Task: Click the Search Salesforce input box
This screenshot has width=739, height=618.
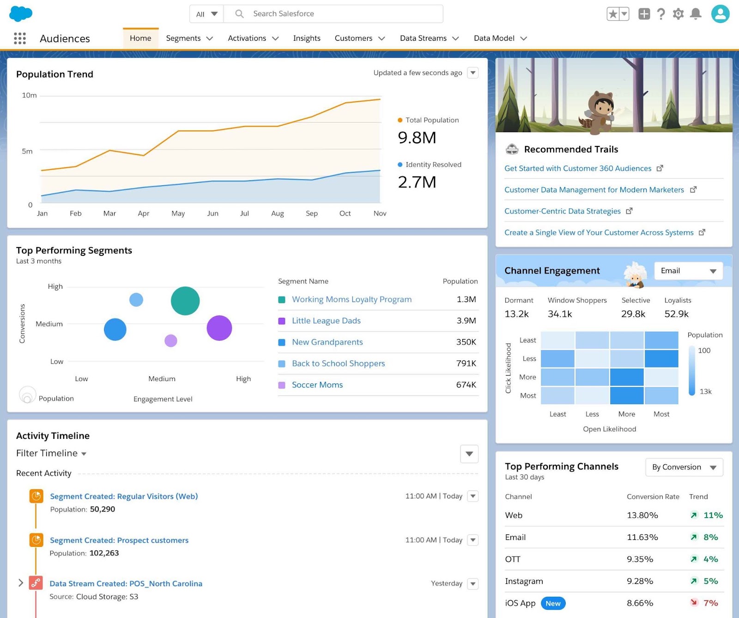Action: click(x=333, y=14)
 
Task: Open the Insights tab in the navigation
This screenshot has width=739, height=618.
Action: click(x=307, y=38)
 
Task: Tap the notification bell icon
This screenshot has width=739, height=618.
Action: click(x=696, y=14)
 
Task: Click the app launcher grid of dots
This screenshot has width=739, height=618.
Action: click(x=20, y=38)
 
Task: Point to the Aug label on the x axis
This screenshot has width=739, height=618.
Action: click(x=278, y=213)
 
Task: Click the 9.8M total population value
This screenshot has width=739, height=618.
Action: click(x=417, y=138)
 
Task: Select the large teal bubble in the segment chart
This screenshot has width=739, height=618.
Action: click(x=185, y=301)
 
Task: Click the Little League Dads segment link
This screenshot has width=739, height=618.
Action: click(x=326, y=321)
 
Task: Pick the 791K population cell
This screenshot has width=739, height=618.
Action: click(x=466, y=364)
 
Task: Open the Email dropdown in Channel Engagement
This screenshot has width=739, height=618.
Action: click(x=688, y=271)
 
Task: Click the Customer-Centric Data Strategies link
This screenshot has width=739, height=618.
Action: click(x=562, y=211)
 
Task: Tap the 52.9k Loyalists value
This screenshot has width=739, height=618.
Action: click(x=676, y=314)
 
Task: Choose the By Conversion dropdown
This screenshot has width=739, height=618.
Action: click(x=684, y=467)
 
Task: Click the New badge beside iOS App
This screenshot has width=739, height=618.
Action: click(x=553, y=603)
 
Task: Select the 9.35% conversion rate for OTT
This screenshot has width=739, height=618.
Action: click(x=640, y=559)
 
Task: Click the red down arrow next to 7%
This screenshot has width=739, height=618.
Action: click(x=694, y=602)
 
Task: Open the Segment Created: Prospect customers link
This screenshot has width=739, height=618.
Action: click(x=119, y=540)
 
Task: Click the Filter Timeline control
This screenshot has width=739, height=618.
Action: click(x=51, y=453)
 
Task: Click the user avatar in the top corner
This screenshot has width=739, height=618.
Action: click(x=720, y=14)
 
